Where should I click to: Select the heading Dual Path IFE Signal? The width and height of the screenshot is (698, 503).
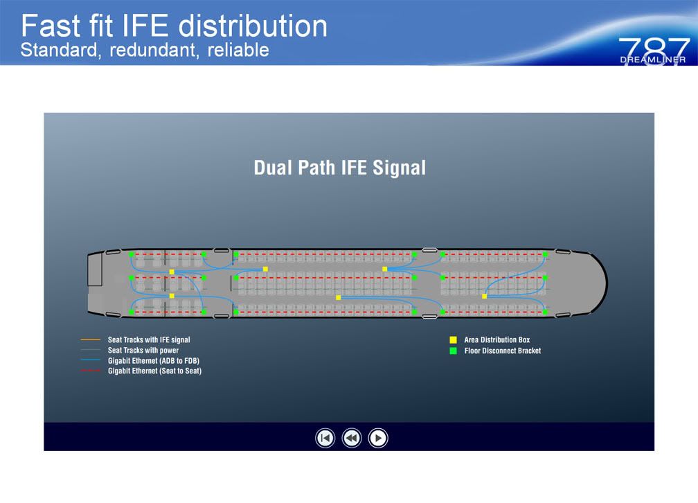339,168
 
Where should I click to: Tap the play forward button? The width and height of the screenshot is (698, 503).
378,438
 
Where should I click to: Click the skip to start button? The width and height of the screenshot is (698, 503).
325,438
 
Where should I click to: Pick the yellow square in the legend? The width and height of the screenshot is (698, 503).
453,340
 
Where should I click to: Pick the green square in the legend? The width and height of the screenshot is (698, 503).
453,351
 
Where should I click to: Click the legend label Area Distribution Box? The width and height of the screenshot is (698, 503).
496,340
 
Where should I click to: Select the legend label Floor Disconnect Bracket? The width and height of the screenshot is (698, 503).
502,351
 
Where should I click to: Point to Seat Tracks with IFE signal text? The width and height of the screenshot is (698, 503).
149,340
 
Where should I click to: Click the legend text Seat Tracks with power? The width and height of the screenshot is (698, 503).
143,351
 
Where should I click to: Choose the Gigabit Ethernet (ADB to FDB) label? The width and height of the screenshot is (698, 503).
154,361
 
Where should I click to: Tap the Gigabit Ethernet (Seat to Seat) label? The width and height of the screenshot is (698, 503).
154,371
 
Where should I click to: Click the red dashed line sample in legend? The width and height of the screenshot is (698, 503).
91,371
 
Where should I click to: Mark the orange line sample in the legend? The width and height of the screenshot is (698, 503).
91,340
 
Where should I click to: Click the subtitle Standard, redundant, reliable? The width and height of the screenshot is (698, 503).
145,51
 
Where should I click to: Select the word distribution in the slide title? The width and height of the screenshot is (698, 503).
253,26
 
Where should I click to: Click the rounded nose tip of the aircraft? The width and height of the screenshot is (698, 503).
606,283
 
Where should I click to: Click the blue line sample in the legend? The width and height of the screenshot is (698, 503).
91,361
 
